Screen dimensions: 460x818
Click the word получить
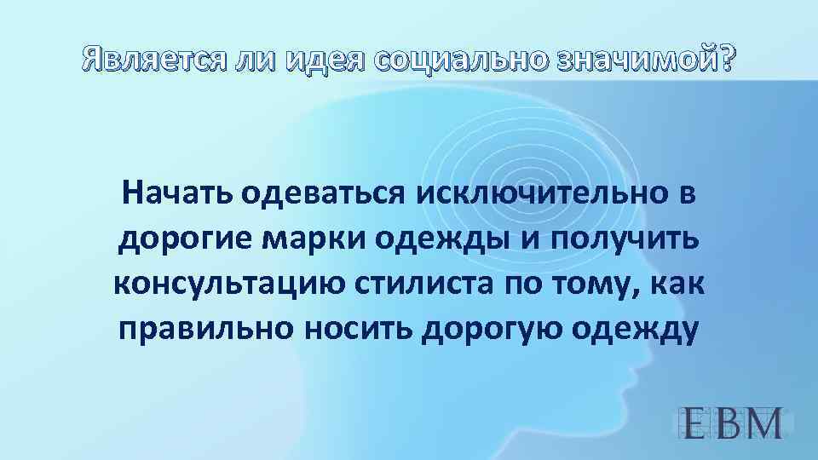click(625, 240)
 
